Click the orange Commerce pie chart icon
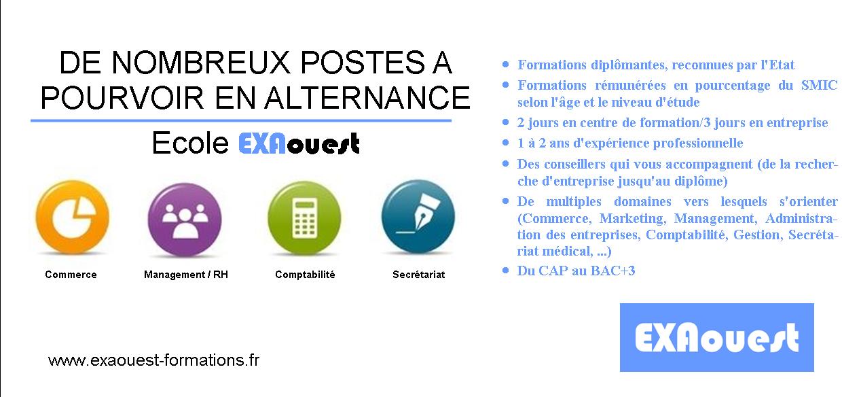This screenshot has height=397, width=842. click(73, 217)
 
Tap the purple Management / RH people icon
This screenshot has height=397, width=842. click(185, 220)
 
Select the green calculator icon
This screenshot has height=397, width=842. click(304, 218)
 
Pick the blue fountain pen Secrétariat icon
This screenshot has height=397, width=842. click(418, 217)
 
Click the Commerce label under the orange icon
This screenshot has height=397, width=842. click(71, 275)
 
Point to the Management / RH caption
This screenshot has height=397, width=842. click(186, 275)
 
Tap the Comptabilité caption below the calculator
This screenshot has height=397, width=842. click(305, 275)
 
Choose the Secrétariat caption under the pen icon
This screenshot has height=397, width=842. click(419, 275)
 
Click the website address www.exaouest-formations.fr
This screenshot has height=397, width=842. click(153, 360)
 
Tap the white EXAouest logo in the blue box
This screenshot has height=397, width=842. click(717, 338)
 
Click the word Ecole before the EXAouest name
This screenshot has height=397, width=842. click(190, 143)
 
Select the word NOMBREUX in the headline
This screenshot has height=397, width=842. click(201, 63)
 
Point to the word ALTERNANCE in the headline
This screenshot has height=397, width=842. click(367, 98)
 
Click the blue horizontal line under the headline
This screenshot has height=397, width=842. click(241, 121)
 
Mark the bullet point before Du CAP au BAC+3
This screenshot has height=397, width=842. click(506, 270)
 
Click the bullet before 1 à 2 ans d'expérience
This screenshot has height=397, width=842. click(506, 143)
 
